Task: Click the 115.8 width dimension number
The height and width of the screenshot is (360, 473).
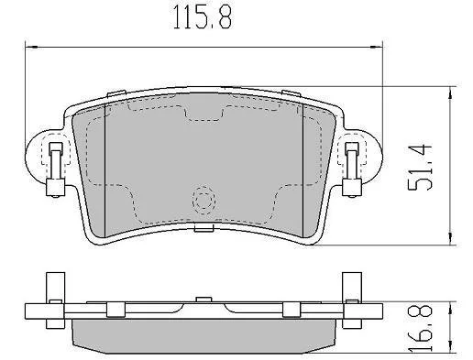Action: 203,17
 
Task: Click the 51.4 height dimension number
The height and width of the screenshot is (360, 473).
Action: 420,167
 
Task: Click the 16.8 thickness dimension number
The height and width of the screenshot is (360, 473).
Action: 421,328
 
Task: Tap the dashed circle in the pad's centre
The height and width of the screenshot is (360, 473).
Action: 203,201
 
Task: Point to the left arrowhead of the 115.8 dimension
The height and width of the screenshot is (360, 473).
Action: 31,47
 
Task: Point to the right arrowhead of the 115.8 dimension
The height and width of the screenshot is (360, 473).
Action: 376,47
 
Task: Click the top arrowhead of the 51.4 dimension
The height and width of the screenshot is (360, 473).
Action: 450,93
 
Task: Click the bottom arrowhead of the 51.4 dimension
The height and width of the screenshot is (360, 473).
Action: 450,239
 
